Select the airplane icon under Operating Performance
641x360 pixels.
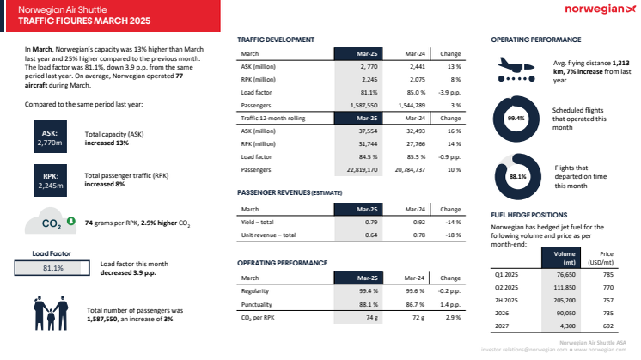tap(518, 69)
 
